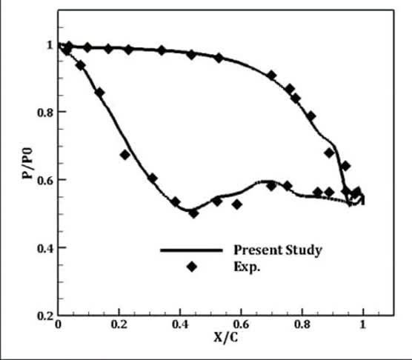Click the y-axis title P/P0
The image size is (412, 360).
(27, 163)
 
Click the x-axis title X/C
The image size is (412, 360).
(226, 337)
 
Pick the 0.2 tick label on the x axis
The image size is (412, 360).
(119, 324)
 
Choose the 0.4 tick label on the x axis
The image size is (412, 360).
(180, 324)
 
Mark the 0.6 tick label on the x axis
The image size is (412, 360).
(241, 324)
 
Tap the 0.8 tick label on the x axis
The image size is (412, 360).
(302, 324)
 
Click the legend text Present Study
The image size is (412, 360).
(278, 250)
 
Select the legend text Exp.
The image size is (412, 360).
(247, 267)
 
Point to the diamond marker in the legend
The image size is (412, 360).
(192, 267)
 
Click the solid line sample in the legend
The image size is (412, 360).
(191, 250)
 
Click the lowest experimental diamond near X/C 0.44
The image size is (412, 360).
(193, 213)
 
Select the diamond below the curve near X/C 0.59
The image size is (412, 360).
(237, 204)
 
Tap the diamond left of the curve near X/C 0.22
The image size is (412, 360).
(125, 155)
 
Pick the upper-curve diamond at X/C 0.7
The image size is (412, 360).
(272, 76)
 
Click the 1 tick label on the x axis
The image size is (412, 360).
(362, 324)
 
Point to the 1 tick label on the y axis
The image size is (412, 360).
(50, 45)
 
